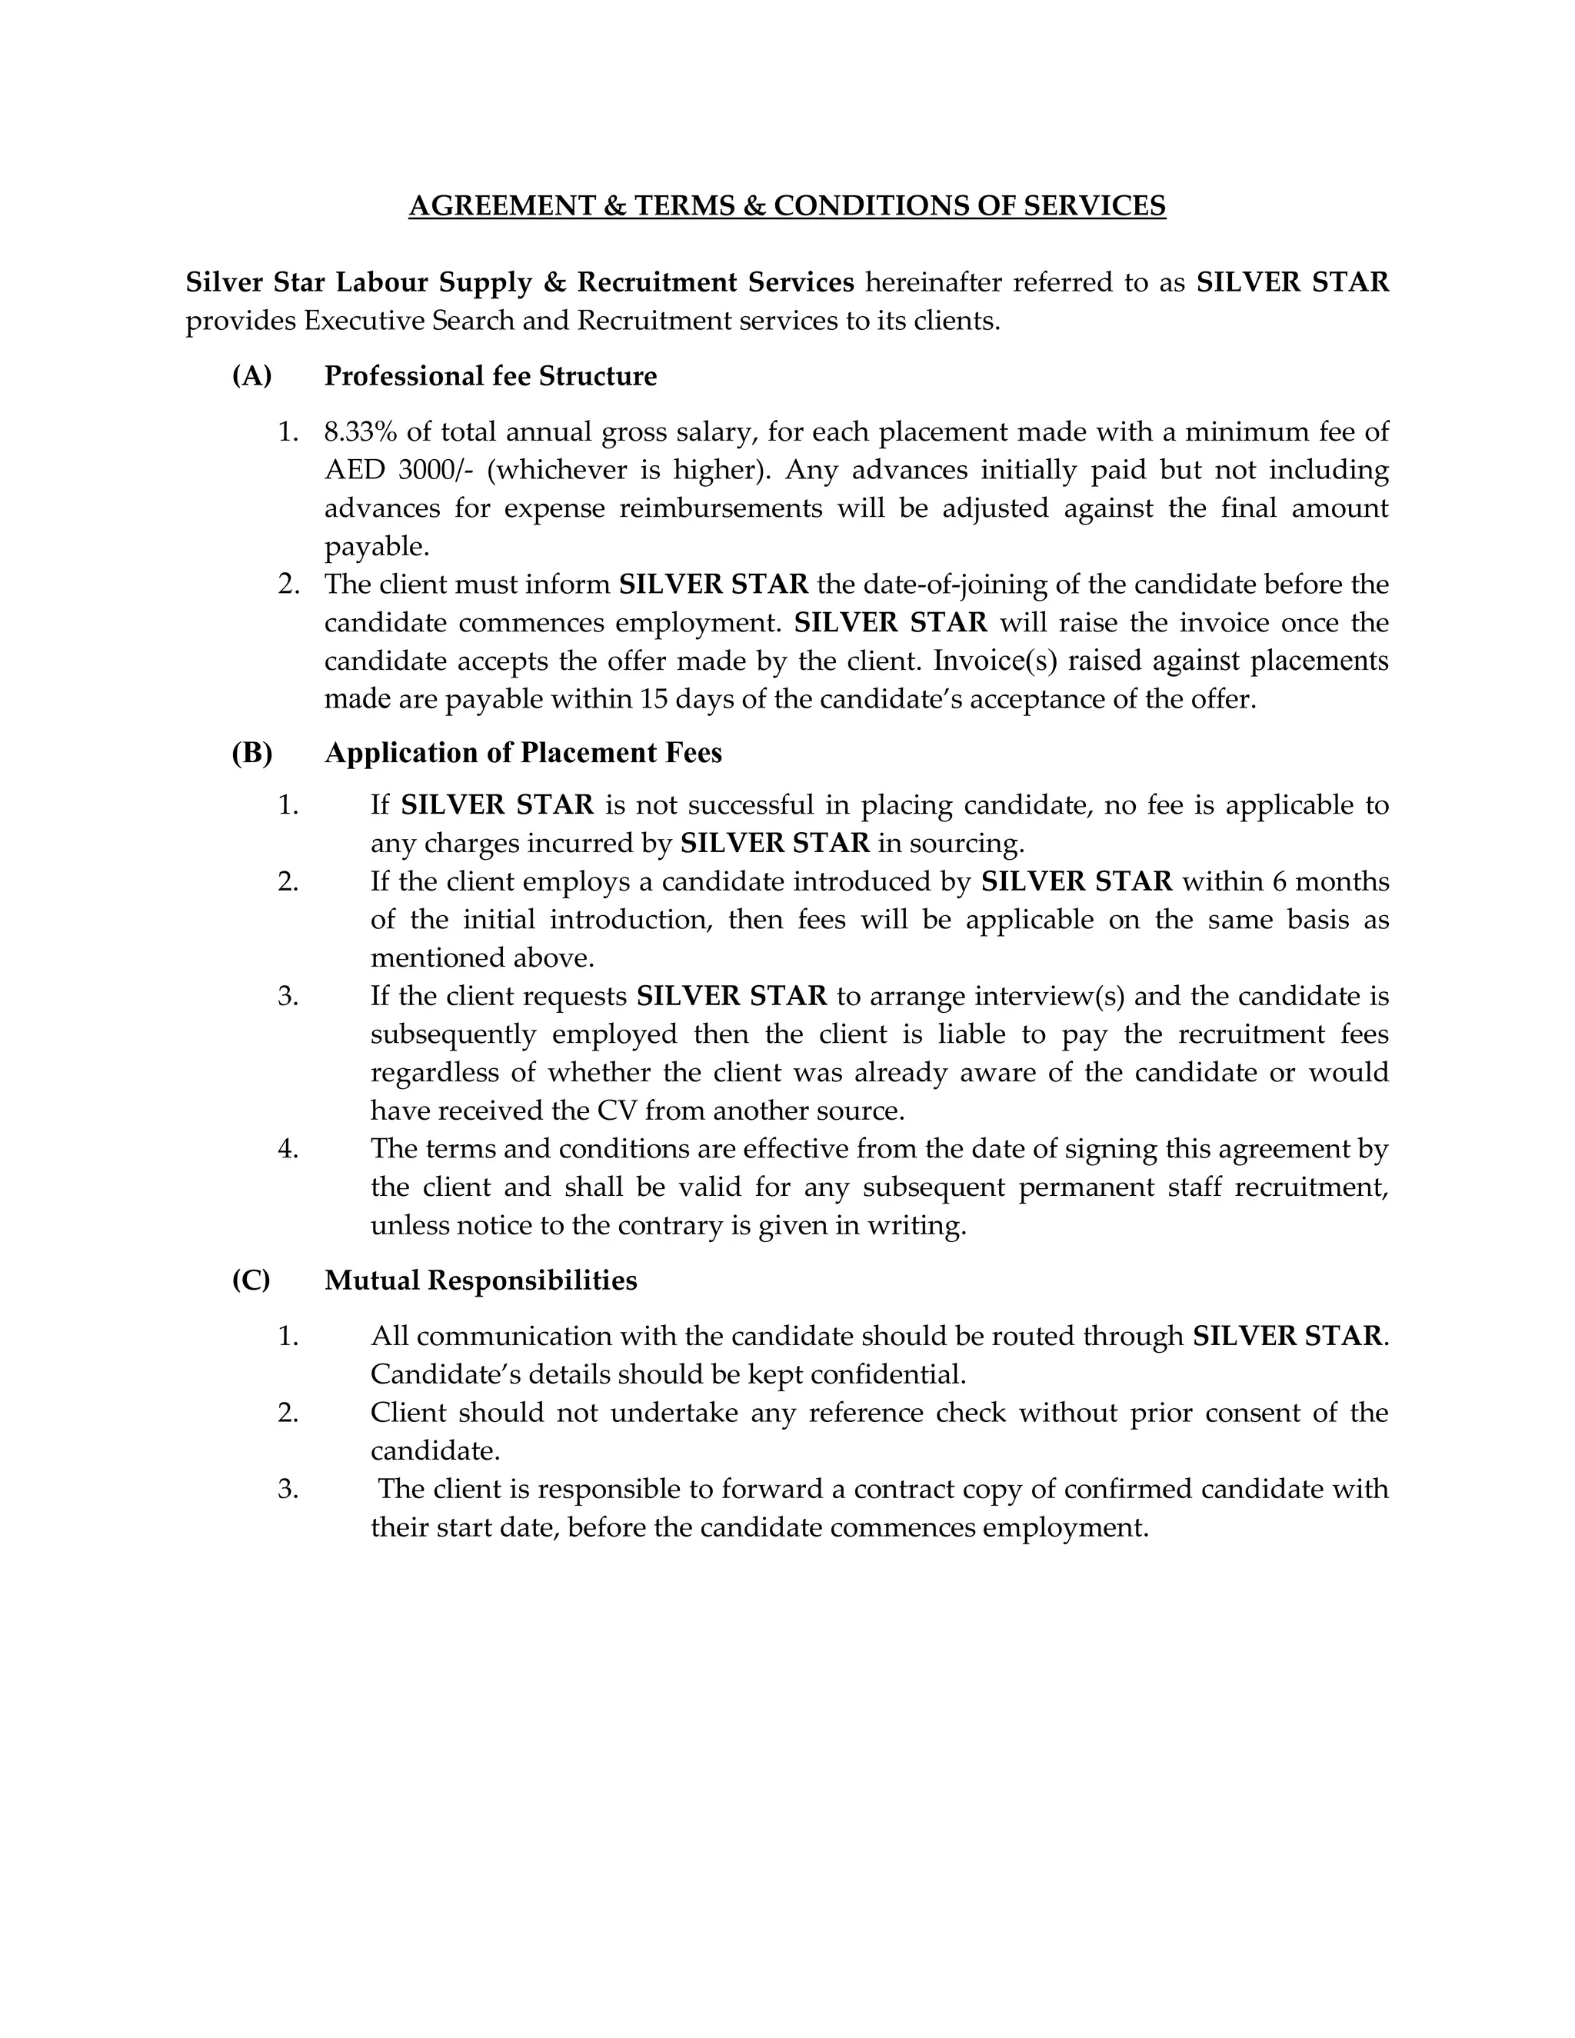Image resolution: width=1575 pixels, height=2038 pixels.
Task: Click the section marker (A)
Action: coord(252,376)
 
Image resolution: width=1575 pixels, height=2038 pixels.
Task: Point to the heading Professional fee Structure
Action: coord(490,376)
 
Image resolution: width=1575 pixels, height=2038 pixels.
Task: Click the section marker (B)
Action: coord(252,753)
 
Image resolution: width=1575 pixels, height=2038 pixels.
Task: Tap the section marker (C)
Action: coord(251,1280)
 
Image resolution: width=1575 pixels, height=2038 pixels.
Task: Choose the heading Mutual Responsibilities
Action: coord(481,1280)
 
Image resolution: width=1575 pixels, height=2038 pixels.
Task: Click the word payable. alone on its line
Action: coord(377,547)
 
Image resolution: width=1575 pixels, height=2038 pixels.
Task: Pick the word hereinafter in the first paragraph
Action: coord(933,281)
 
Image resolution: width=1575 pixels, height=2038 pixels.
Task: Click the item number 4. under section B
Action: coord(288,1149)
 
